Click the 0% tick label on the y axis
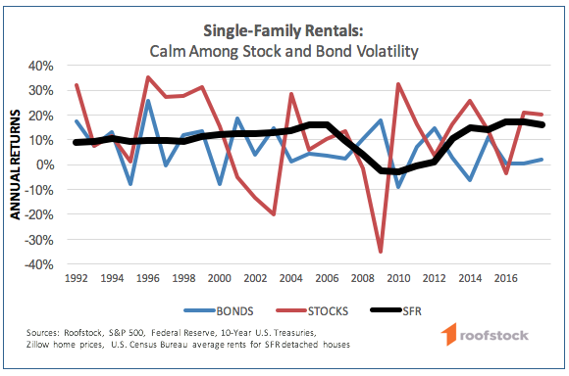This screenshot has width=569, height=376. tap(54, 164)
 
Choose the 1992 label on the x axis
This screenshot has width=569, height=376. tap(78, 278)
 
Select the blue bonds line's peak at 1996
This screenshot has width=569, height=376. tap(147, 100)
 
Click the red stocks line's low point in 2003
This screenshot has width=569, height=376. tap(273, 214)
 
